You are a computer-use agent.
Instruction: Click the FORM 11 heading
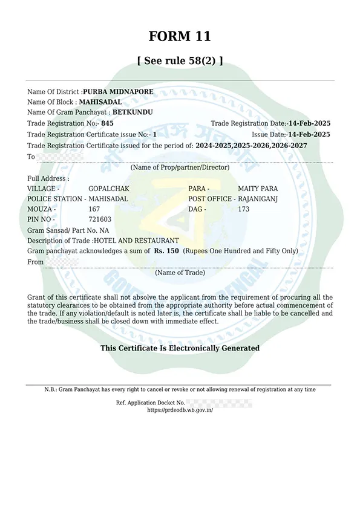point(180,36)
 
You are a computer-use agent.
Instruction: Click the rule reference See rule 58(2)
point(180,60)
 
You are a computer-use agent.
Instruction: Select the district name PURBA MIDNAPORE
point(118,92)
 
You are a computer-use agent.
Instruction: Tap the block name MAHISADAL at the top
point(100,102)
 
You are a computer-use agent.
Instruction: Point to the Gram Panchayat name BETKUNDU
point(133,112)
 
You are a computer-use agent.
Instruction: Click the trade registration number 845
point(107,123)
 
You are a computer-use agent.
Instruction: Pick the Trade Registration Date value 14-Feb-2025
point(309,123)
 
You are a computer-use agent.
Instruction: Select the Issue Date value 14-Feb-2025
point(309,134)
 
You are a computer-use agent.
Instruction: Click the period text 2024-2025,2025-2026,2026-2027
point(260,146)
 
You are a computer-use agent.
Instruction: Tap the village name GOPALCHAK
point(109,189)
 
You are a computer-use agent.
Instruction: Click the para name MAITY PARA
point(258,189)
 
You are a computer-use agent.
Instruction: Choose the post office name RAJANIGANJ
point(258,199)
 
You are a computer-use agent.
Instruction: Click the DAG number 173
point(243,209)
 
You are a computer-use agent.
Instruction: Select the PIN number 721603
point(100,219)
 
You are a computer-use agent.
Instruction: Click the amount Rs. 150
point(166,250)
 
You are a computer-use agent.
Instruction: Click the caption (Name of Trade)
point(180,273)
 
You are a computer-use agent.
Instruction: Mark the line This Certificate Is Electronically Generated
point(180,348)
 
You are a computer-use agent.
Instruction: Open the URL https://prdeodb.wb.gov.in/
point(180,410)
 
